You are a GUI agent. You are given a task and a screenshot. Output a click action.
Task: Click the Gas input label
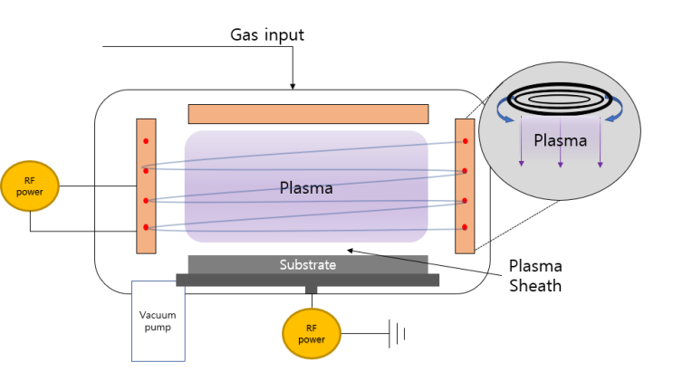point(266,35)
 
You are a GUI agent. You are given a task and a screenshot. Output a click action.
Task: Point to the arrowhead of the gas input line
point(293,86)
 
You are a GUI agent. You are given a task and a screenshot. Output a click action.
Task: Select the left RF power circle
point(30,186)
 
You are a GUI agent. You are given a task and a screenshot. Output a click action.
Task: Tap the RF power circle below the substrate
point(311,333)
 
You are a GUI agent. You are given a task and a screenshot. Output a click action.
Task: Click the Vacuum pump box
point(158,320)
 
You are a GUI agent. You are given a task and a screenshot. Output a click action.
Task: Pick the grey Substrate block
point(307,264)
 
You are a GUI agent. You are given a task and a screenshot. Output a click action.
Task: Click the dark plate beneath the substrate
point(307,280)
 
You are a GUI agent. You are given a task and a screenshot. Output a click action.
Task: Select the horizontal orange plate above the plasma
point(307,113)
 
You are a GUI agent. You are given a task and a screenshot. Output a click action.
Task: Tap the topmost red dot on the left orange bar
point(145,142)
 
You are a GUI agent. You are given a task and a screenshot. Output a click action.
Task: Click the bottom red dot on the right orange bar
point(465,227)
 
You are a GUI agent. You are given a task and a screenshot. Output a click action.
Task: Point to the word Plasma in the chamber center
point(305,188)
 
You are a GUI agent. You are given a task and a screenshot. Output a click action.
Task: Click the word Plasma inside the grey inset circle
point(560,140)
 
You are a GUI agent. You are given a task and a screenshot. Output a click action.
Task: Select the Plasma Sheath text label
point(534,275)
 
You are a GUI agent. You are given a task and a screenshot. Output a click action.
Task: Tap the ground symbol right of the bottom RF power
point(397,334)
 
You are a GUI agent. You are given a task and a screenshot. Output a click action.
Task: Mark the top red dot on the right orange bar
point(465,141)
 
